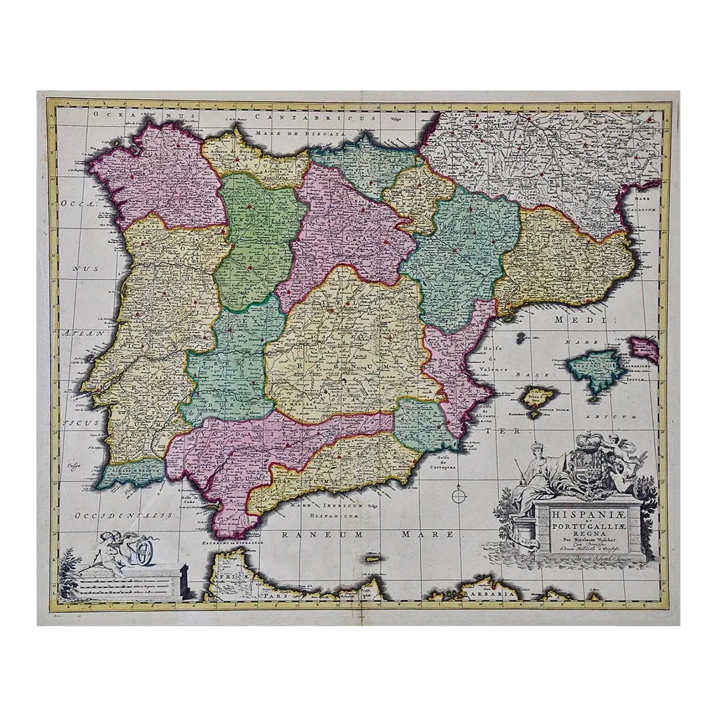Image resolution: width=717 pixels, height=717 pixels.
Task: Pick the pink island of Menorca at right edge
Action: [641, 346]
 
